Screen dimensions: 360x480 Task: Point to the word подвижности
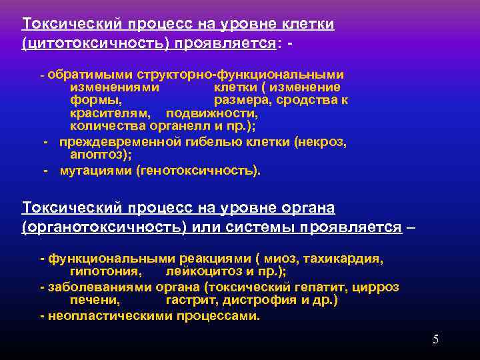[x=211, y=114]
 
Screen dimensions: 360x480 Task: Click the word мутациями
[x=96, y=170]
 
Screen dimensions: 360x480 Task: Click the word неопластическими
[x=105, y=315]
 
